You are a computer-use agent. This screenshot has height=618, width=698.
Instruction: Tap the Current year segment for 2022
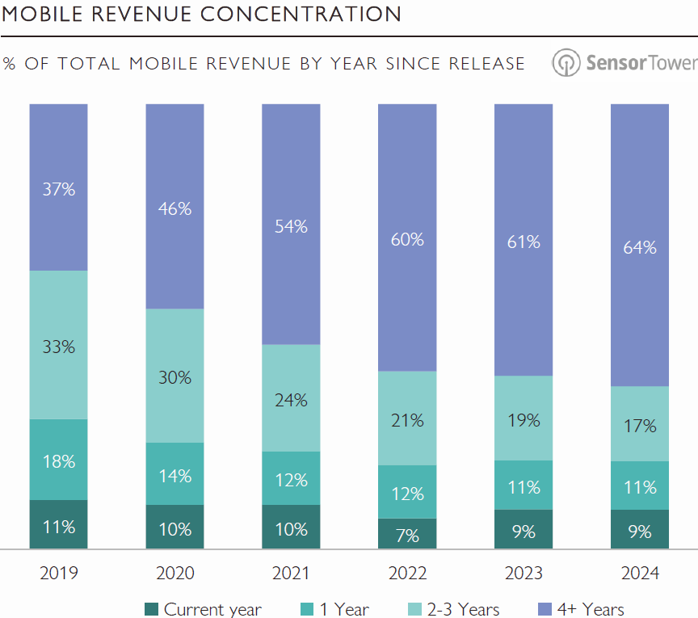[407, 533]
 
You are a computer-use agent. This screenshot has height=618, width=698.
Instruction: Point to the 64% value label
[640, 247]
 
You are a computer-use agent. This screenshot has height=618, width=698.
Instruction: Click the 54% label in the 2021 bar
[291, 226]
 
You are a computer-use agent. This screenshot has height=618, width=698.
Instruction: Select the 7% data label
[407, 535]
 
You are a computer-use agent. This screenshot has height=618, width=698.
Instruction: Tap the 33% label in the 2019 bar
[58, 347]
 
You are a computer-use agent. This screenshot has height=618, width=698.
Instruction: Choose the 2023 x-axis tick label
[523, 574]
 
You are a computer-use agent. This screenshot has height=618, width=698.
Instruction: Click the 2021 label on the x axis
[291, 574]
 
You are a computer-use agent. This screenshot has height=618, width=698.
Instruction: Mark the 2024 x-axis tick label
[640, 574]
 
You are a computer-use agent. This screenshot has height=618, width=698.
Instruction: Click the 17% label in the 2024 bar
[640, 426]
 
